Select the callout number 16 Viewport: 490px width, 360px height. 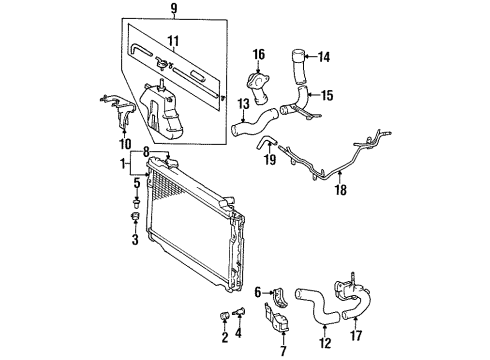click(257, 54)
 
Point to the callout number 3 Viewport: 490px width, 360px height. click(135, 240)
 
